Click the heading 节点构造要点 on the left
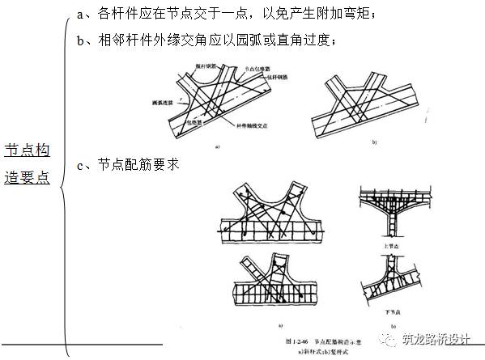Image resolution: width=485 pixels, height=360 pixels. tap(28, 163)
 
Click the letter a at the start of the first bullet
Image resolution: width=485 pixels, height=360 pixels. tap(78, 13)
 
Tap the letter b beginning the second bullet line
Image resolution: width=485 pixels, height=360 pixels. tap(78, 40)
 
